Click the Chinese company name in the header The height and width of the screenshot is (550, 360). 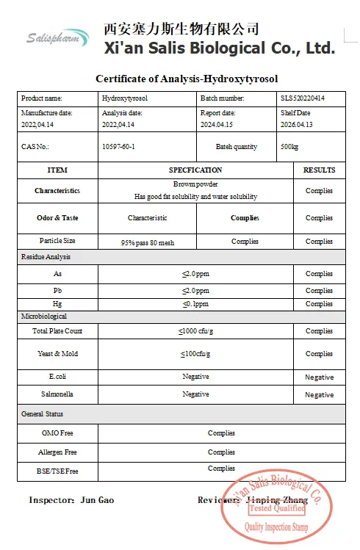(181, 29)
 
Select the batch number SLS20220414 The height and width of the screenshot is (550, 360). (303, 98)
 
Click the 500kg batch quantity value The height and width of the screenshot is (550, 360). (289, 146)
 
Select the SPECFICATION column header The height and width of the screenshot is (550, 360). (195, 170)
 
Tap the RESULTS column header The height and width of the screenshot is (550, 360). (319, 170)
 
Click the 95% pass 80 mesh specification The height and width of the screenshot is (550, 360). (148, 242)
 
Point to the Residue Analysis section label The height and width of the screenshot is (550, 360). (46, 257)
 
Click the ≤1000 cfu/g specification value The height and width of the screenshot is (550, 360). (195, 331)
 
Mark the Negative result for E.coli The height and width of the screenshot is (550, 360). (319, 377)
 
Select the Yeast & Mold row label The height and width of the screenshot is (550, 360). (57, 354)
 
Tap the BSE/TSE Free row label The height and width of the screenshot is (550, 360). (57, 470)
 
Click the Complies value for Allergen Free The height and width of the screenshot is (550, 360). (221, 452)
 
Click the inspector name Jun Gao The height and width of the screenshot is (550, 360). (96, 500)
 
